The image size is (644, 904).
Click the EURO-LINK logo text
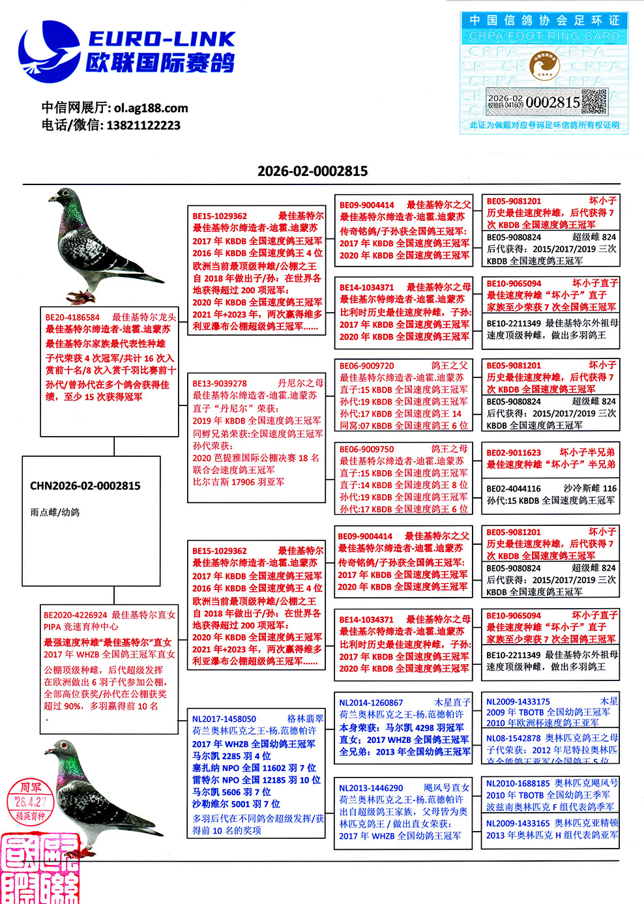click(161, 39)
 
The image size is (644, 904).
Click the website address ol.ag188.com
click(151, 108)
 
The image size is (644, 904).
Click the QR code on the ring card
click(594, 102)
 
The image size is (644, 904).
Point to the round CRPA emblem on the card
click(544, 66)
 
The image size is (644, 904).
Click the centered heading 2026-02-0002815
click(312, 171)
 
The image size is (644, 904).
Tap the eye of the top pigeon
click(67, 195)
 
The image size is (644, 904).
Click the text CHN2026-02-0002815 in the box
click(85, 486)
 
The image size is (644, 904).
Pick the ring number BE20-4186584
click(72, 317)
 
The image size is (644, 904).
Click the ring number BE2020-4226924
click(75, 615)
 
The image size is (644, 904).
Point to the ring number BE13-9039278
click(219, 384)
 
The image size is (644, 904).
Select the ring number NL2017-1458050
click(224, 719)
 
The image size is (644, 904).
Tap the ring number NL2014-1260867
click(371, 703)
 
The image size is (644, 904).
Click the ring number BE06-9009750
click(366, 449)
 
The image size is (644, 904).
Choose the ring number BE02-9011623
click(514, 452)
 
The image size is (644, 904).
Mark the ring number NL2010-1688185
click(518, 783)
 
